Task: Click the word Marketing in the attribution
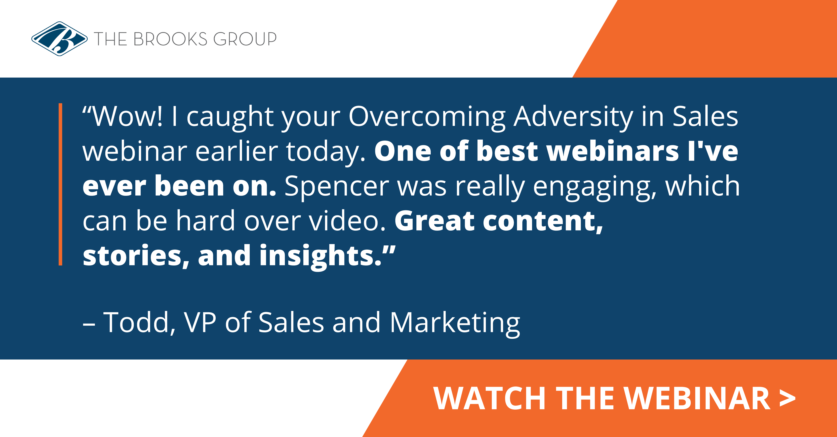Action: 455,323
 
